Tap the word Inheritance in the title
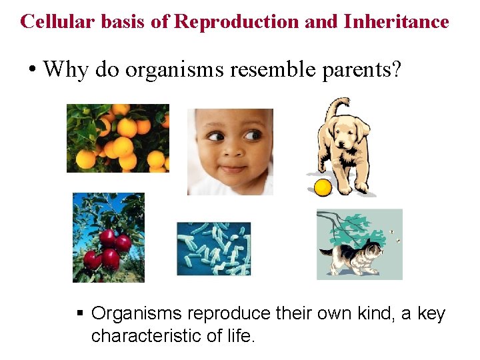tap(396, 21)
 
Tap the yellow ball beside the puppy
tap(323, 188)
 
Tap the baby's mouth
tap(232, 167)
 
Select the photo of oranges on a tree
tap(118, 138)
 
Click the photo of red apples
tap(108, 238)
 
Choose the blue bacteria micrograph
tap(213, 249)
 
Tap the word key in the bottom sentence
tap(431, 313)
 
